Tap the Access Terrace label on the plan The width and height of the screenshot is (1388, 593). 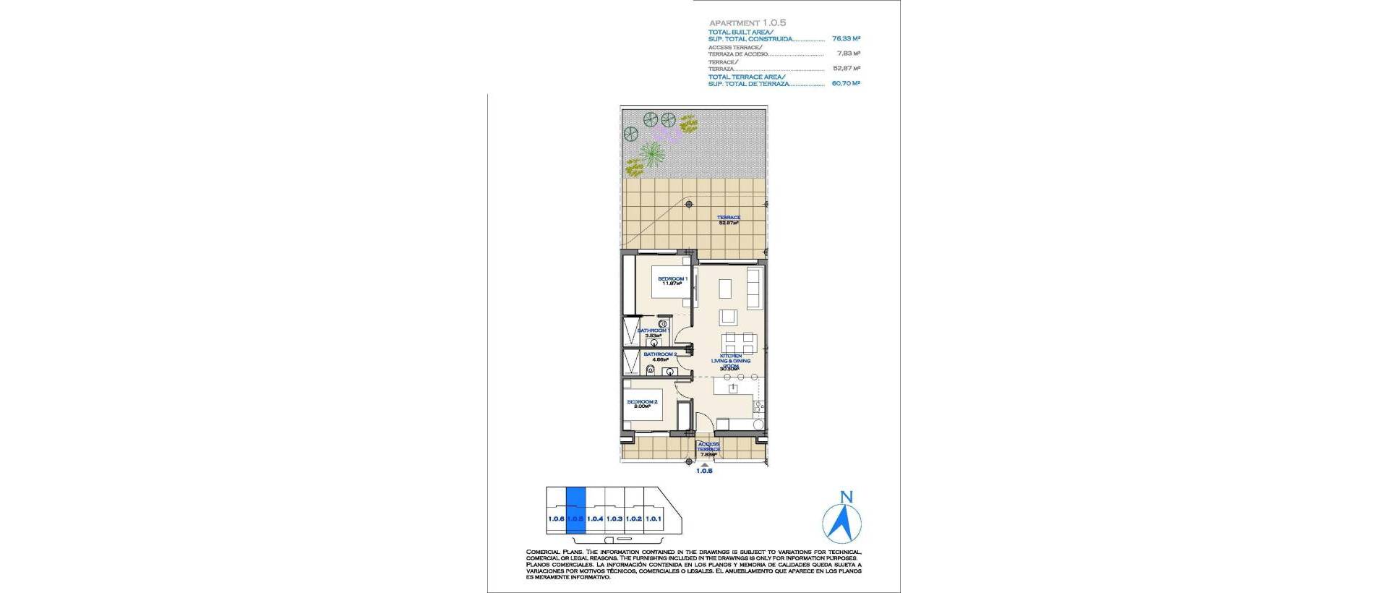click(x=708, y=447)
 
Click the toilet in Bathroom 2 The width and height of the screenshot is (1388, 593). click(x=651, y=370)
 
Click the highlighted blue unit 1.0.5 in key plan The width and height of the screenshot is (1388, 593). click(x=575, y=510)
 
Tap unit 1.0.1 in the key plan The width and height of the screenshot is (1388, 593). click(x=654, y=519)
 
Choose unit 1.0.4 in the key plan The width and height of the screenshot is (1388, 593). click(x=595, y=519)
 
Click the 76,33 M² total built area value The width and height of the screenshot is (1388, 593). click(x=846, y=38)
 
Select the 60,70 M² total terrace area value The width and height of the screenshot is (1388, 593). click(x=846, y=83)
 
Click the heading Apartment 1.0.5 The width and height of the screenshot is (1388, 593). click(x=747, y=23)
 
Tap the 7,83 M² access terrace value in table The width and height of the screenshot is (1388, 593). click(x=848, y=54)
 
